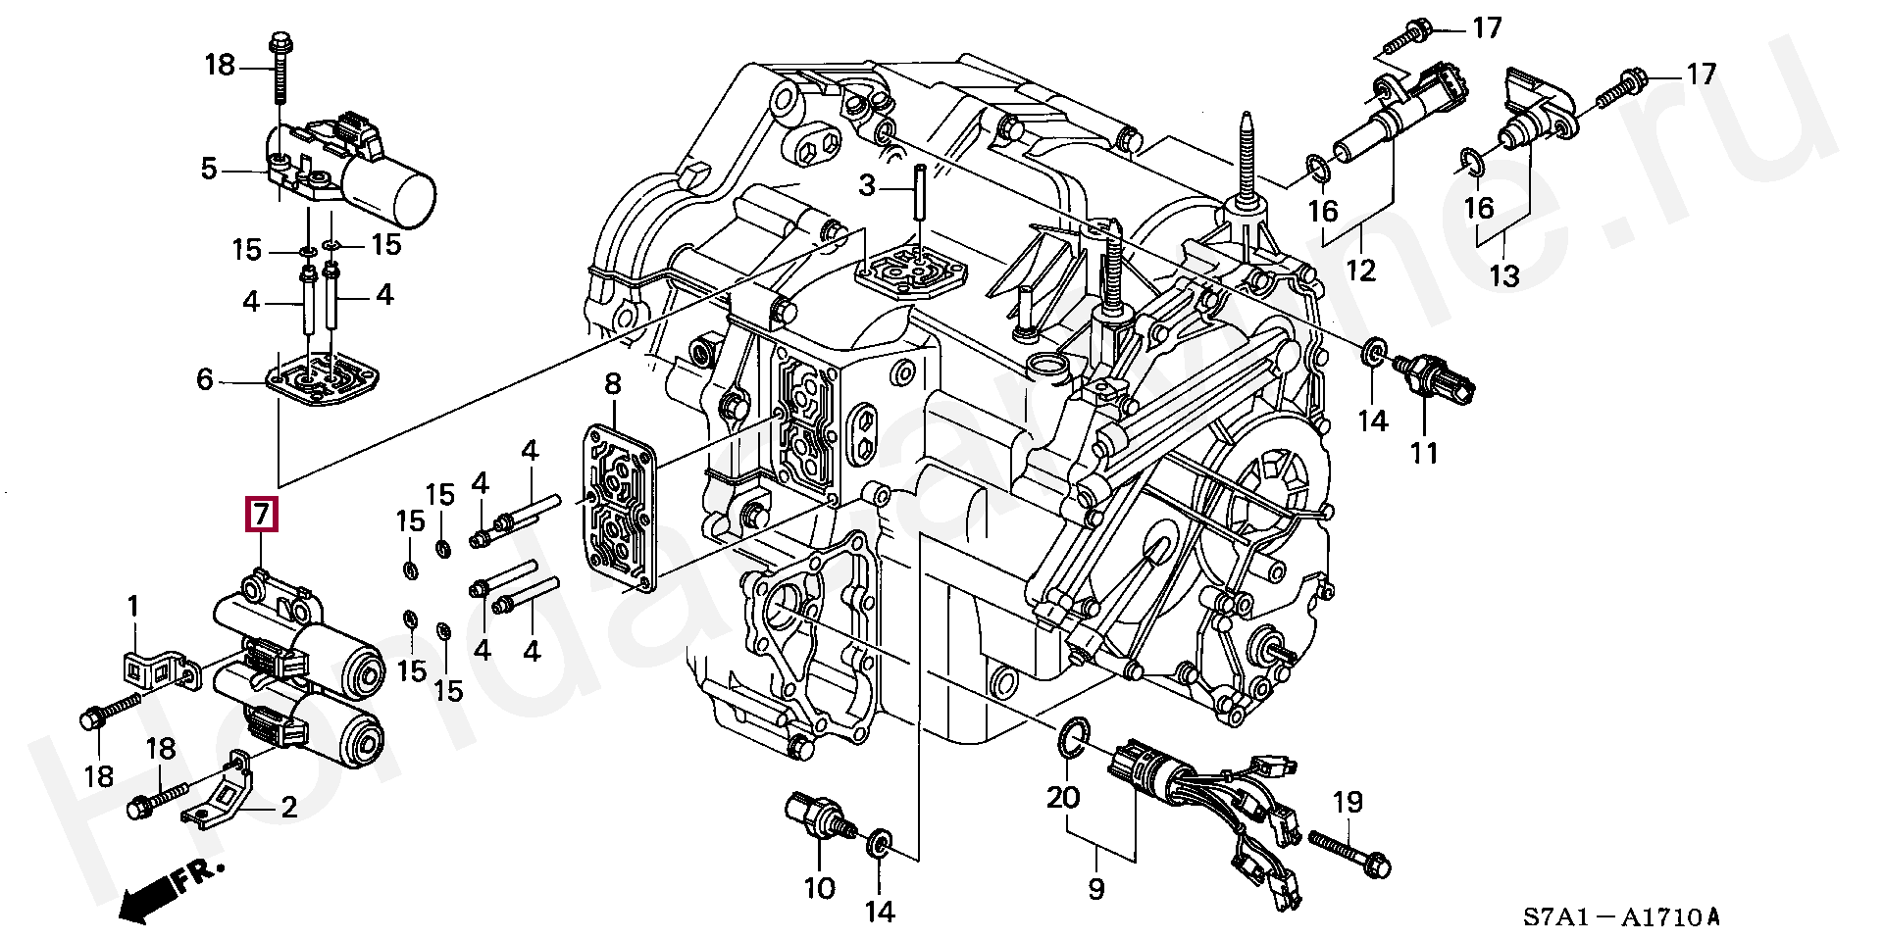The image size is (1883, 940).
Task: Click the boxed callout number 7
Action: point(261,515)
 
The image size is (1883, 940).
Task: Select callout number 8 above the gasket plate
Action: point(613,385)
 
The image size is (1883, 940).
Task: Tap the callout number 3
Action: point(866,183)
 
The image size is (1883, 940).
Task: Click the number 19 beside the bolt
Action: point(1348,803)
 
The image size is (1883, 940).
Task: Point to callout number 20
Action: point(1063,797)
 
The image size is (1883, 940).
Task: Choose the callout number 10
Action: point(820,888)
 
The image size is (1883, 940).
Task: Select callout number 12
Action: point(1362,270)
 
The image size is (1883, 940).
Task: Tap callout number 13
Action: point(1503,275)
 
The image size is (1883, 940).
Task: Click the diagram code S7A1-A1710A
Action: point(1620,917)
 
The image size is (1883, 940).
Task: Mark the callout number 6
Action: point(204,378)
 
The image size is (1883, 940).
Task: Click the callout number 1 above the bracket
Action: point(134,608)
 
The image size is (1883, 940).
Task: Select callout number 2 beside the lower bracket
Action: point(288,808)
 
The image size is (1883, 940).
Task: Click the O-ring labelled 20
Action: point(1075,737)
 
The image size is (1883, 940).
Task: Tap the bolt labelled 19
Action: point(1345,853)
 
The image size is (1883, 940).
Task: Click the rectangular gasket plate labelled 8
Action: point(619,508)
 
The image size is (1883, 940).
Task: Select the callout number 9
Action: point(1095,889)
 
